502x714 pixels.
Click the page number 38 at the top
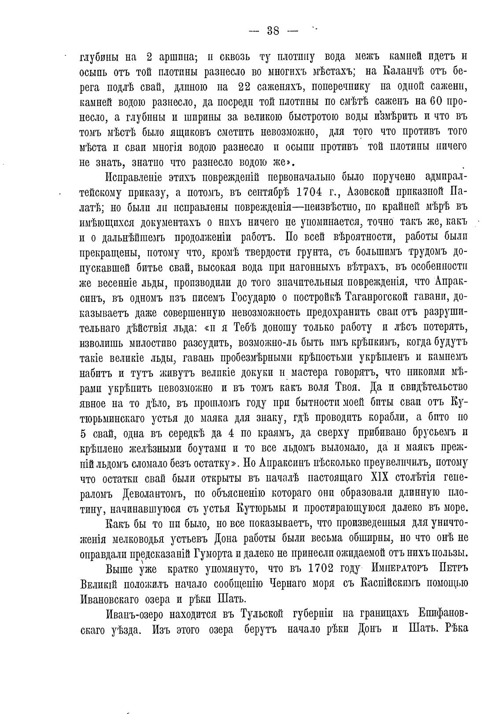pyautogui.click(x=273, y=31)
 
